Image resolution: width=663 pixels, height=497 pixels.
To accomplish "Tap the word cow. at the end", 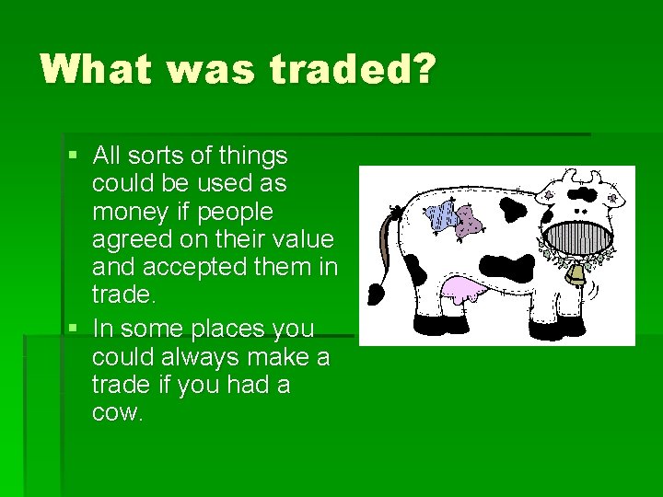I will (117, 412).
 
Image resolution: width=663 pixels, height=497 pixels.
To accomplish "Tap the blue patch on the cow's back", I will (441, 217).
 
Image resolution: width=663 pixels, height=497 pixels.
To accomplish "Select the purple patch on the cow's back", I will (470, 220).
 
